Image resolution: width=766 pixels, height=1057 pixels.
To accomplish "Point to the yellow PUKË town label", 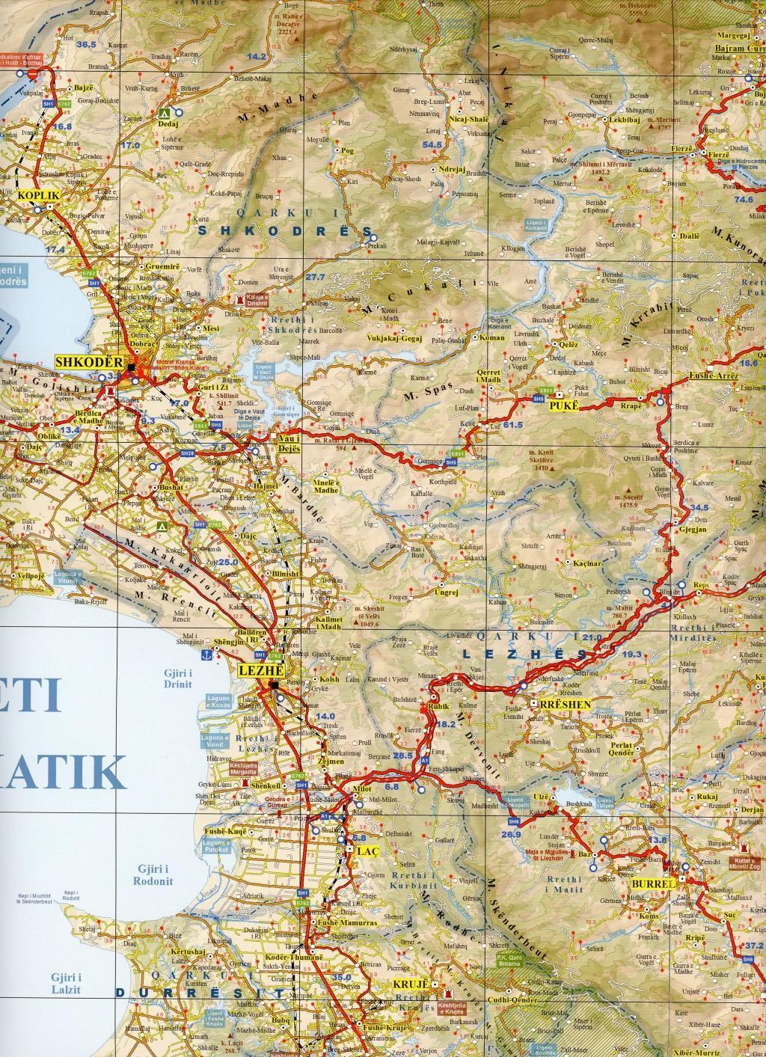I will (x=561, y=405).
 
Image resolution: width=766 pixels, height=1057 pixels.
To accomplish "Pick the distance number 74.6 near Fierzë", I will (x=743, y=200).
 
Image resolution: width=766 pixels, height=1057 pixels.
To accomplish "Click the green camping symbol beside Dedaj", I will (x=163, y=114).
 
